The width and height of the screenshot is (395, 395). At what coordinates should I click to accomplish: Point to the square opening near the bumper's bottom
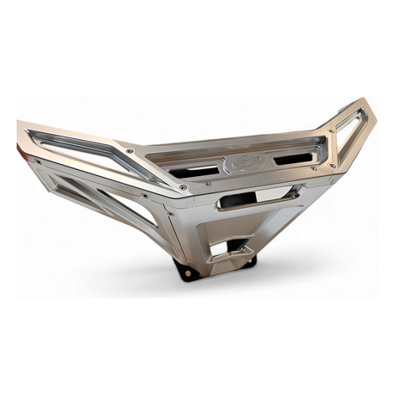click(x=223, y=247)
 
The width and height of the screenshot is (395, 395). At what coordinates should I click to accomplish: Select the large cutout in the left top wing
click(x=82, y=149)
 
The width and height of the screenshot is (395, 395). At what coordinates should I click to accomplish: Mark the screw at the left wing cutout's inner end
click(x=130, y=151)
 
